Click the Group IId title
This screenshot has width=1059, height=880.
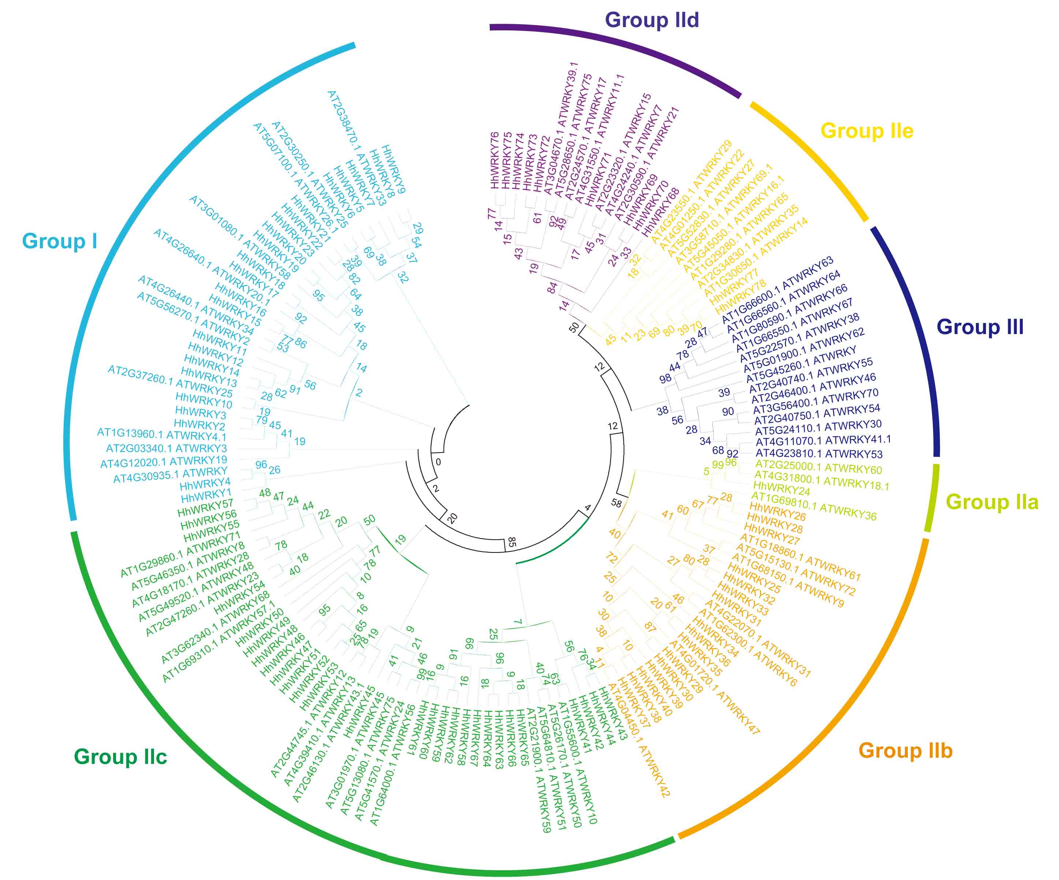pyautogui.click(x=652, y=20)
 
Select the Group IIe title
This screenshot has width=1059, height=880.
pyautogui.click(x=867, y=131)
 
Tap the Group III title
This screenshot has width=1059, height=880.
pyautogui.click(x=980, y=327)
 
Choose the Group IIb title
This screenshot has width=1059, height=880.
pyautogui.click(x=905, y=750)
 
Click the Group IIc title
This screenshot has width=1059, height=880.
pyautogui.click(x=120, y=757)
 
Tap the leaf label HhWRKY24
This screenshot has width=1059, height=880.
pyautogui.click(x=782, y=489)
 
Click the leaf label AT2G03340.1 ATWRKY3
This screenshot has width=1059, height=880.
pyautogui.click(x=167, y=448)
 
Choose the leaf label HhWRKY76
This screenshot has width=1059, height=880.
pyautogui.click(x=495, y=160)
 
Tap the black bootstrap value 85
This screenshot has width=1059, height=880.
pyautogui.click(x=511, y=542)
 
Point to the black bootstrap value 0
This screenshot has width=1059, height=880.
pyautogui.click(x=438, y=462)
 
